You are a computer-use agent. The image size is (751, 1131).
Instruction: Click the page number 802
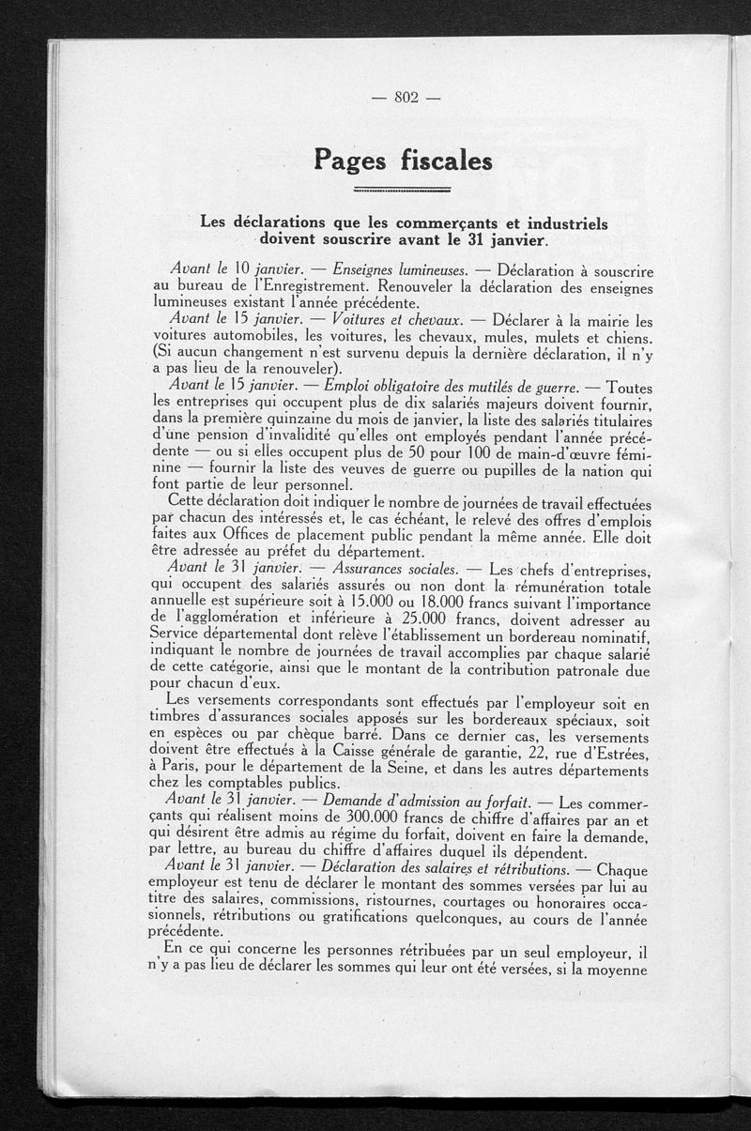406,98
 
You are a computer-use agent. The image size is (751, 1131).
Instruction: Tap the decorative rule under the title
405,191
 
